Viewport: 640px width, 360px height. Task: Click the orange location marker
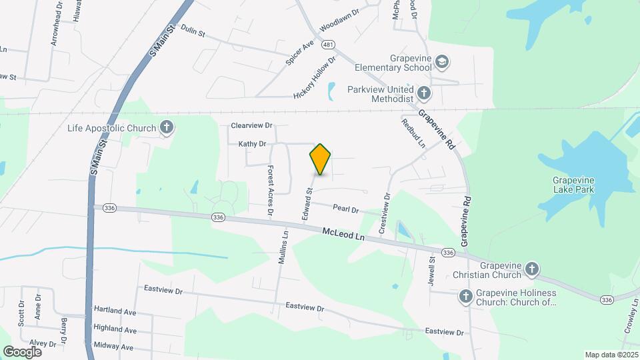click(x=320, y=159)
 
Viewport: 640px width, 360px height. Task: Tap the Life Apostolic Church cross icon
click(x=167, y=127)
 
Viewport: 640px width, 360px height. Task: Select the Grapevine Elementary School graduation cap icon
click(x=441, y=63)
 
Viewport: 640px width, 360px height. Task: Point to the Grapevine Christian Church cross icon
click(x=531, y=269)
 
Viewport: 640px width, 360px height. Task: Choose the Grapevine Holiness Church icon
click(x=467, y=296)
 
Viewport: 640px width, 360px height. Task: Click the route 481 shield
click(x=327, y=44)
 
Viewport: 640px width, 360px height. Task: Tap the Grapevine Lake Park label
click(x=577, y=185)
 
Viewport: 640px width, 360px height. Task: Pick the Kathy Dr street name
click(x=253, y=143)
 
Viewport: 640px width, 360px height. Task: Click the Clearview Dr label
click(x=252, y=125)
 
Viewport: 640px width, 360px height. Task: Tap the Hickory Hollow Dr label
click(x=315, y=77)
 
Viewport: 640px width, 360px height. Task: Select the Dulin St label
click(x=192, y=31)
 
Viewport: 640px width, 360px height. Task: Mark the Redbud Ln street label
click(x=413, y=133)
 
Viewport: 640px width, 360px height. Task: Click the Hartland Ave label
click(x=115, y=311)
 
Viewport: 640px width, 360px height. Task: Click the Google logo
click(x=22, y=351)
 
